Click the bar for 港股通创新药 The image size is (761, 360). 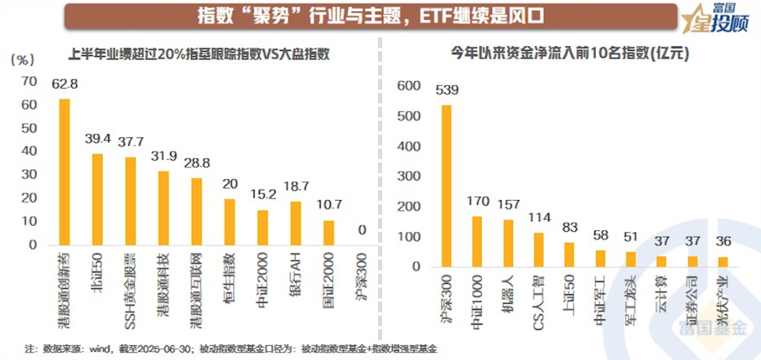[64, 172]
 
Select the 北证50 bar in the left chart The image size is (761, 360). [97, 199]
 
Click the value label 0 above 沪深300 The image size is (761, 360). [361, 230]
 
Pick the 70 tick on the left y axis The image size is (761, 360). [29, 82]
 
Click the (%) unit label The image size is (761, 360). [23, 59]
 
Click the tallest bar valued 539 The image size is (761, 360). [446, 186]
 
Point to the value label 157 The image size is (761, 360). [509, 206]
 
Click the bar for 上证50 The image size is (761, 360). [569, 254]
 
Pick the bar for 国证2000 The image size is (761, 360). [328, 232]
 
